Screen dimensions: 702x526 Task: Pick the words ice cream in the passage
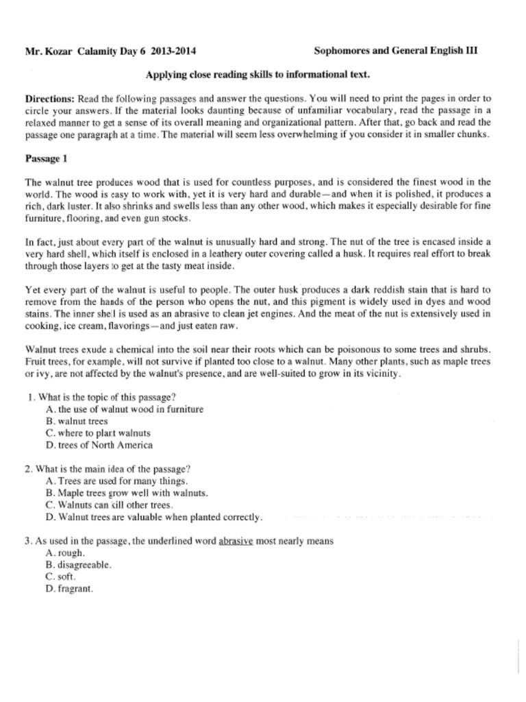click(x=81, y=326)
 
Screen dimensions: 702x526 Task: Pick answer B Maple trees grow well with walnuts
click(x=127, y=493)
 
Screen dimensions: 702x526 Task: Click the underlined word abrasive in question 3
click(x=236, y=541)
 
